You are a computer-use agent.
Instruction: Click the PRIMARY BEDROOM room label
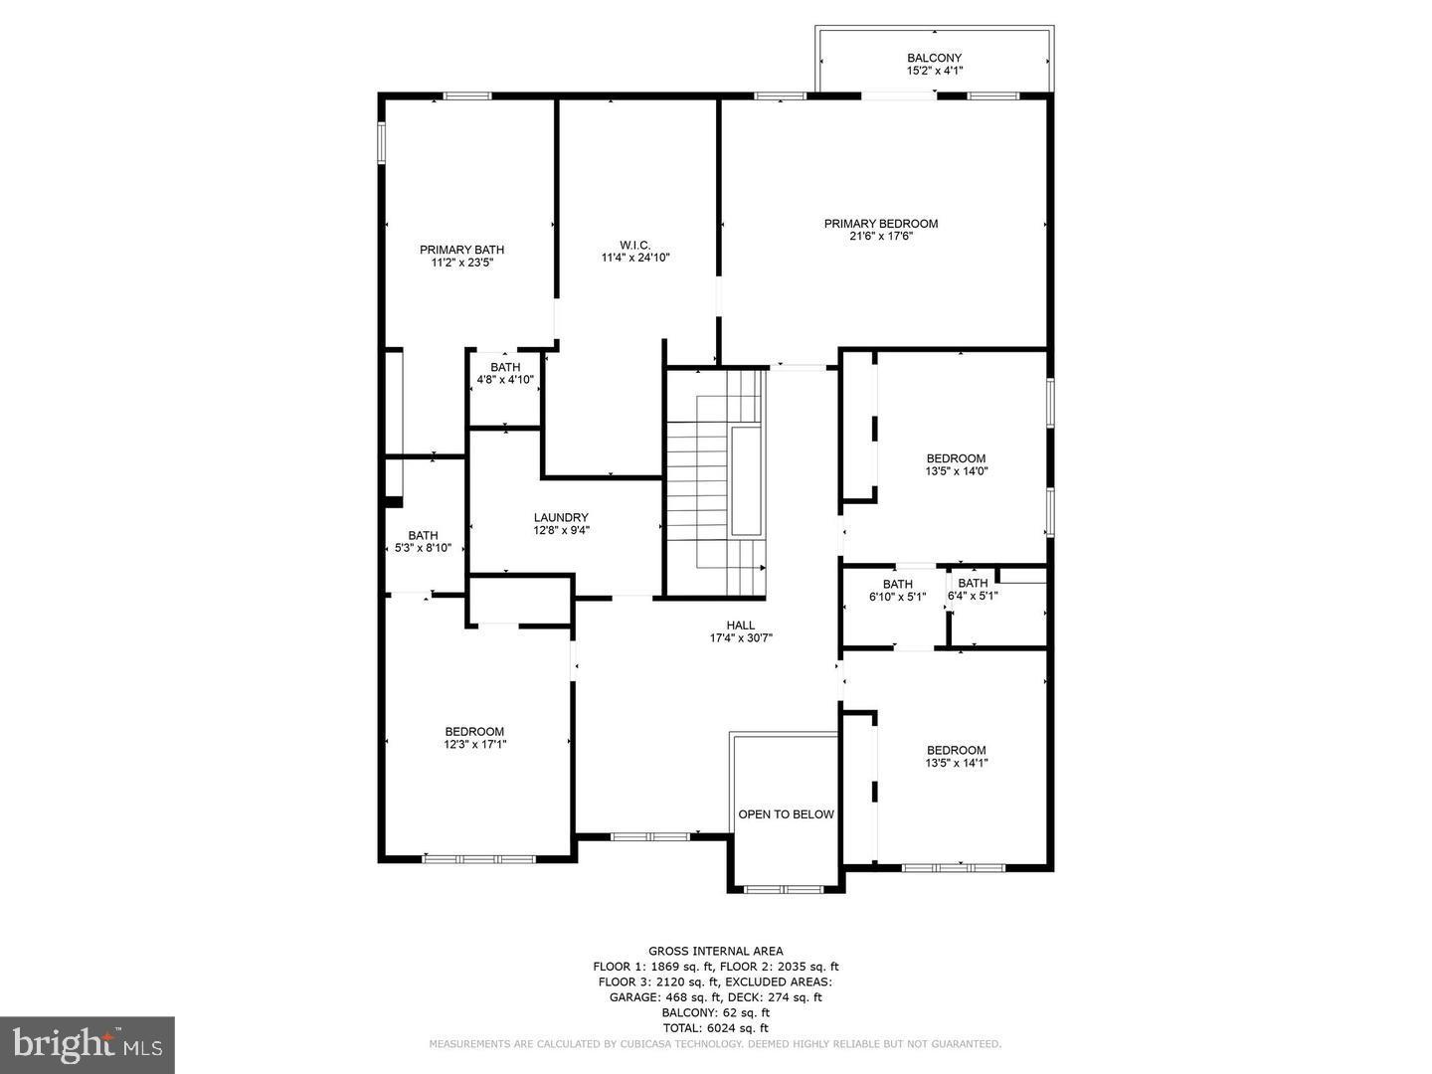tap(880, 224)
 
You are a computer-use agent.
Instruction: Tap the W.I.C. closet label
tap(634, 245)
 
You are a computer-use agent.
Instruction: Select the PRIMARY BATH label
tap(461, 250)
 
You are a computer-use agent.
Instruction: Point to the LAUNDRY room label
tap(561, 517)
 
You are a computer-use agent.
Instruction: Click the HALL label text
tap(740, 625)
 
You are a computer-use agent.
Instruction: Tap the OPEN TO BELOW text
tap(786, 814)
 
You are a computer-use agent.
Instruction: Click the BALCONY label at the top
tap(934, 58)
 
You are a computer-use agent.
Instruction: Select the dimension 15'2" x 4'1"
tap(934, 71)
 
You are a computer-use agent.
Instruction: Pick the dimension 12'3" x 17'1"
tap(474, 744)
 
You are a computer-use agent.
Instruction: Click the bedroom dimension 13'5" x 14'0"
tap(956, 471)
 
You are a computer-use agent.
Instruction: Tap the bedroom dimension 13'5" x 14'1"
tap(956, 763)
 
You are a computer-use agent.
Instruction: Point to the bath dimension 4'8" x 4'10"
tap(505, 380)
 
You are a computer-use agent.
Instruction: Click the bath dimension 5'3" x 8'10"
tap(423, 548)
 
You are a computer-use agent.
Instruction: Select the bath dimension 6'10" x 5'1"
tap(897, 597)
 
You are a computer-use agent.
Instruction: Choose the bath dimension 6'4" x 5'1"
tap(973, 597)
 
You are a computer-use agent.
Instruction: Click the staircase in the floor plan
tap(716, 482)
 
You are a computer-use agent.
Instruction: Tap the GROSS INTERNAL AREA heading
tap(715, 951)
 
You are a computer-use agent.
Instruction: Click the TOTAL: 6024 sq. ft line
tap(715, 1027)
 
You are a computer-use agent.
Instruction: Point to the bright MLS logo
tap(88, 1044)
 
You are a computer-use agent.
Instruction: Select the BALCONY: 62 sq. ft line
tap(715, 1012)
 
